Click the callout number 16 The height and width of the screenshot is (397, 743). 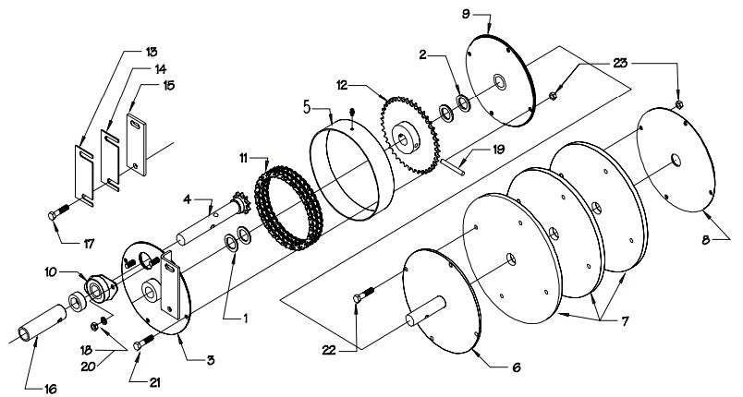point(47,389)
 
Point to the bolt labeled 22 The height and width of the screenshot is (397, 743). point(363,296)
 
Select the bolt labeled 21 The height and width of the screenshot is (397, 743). point(142,343)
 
